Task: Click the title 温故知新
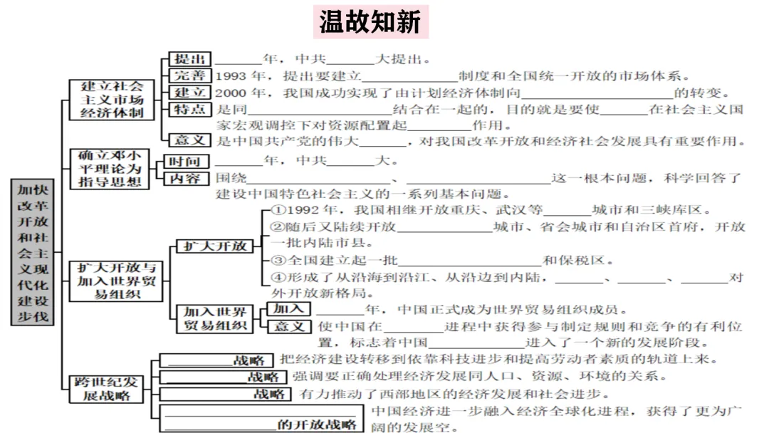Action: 370,21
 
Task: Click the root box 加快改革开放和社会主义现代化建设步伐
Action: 33,252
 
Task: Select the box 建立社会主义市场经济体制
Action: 112,99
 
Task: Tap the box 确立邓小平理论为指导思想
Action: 110,169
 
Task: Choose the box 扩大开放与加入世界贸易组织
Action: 117,279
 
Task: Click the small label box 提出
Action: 189,59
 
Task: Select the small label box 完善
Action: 189,75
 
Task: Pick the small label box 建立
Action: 189,93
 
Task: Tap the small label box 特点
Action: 189,109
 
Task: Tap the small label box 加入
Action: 288,309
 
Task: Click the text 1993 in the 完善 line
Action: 230,76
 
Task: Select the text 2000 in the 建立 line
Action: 230,93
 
